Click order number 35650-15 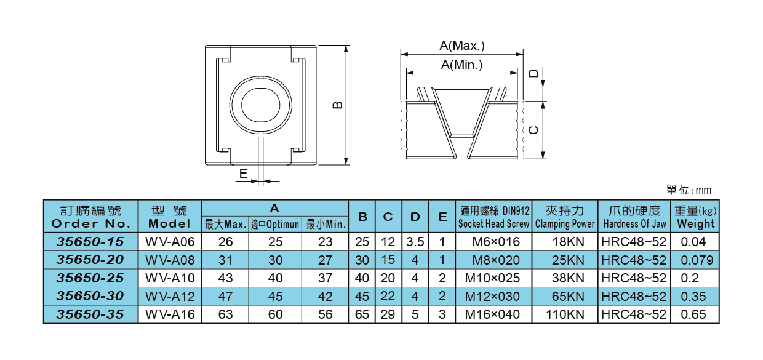pyautogui.click(x=90, y=241)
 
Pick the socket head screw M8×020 pyautogui.click(x=492, y=260)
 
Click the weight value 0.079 pyautogui.click(x=697, y=260)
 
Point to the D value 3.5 pyautogui.click(x=415, y=241)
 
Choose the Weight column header pyautogui.click(x=696, y=217)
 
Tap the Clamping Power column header pyautogui.click(x=565, y=217)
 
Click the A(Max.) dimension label pyautogui.click(x=462, y=46)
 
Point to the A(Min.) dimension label pyautogui.click(x=462, y=65)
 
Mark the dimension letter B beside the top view pyautogui.click(x=338, y=105)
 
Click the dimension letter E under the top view pyautogui.click(x=244, y=174)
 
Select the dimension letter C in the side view pyautogui.click(x=534, y=130)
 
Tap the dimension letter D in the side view pyautogui.click(x=534, y=73)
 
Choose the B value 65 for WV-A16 pyautogui.click(x=362, y=314)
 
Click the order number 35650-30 pyautogui.click(x=90, y=296)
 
